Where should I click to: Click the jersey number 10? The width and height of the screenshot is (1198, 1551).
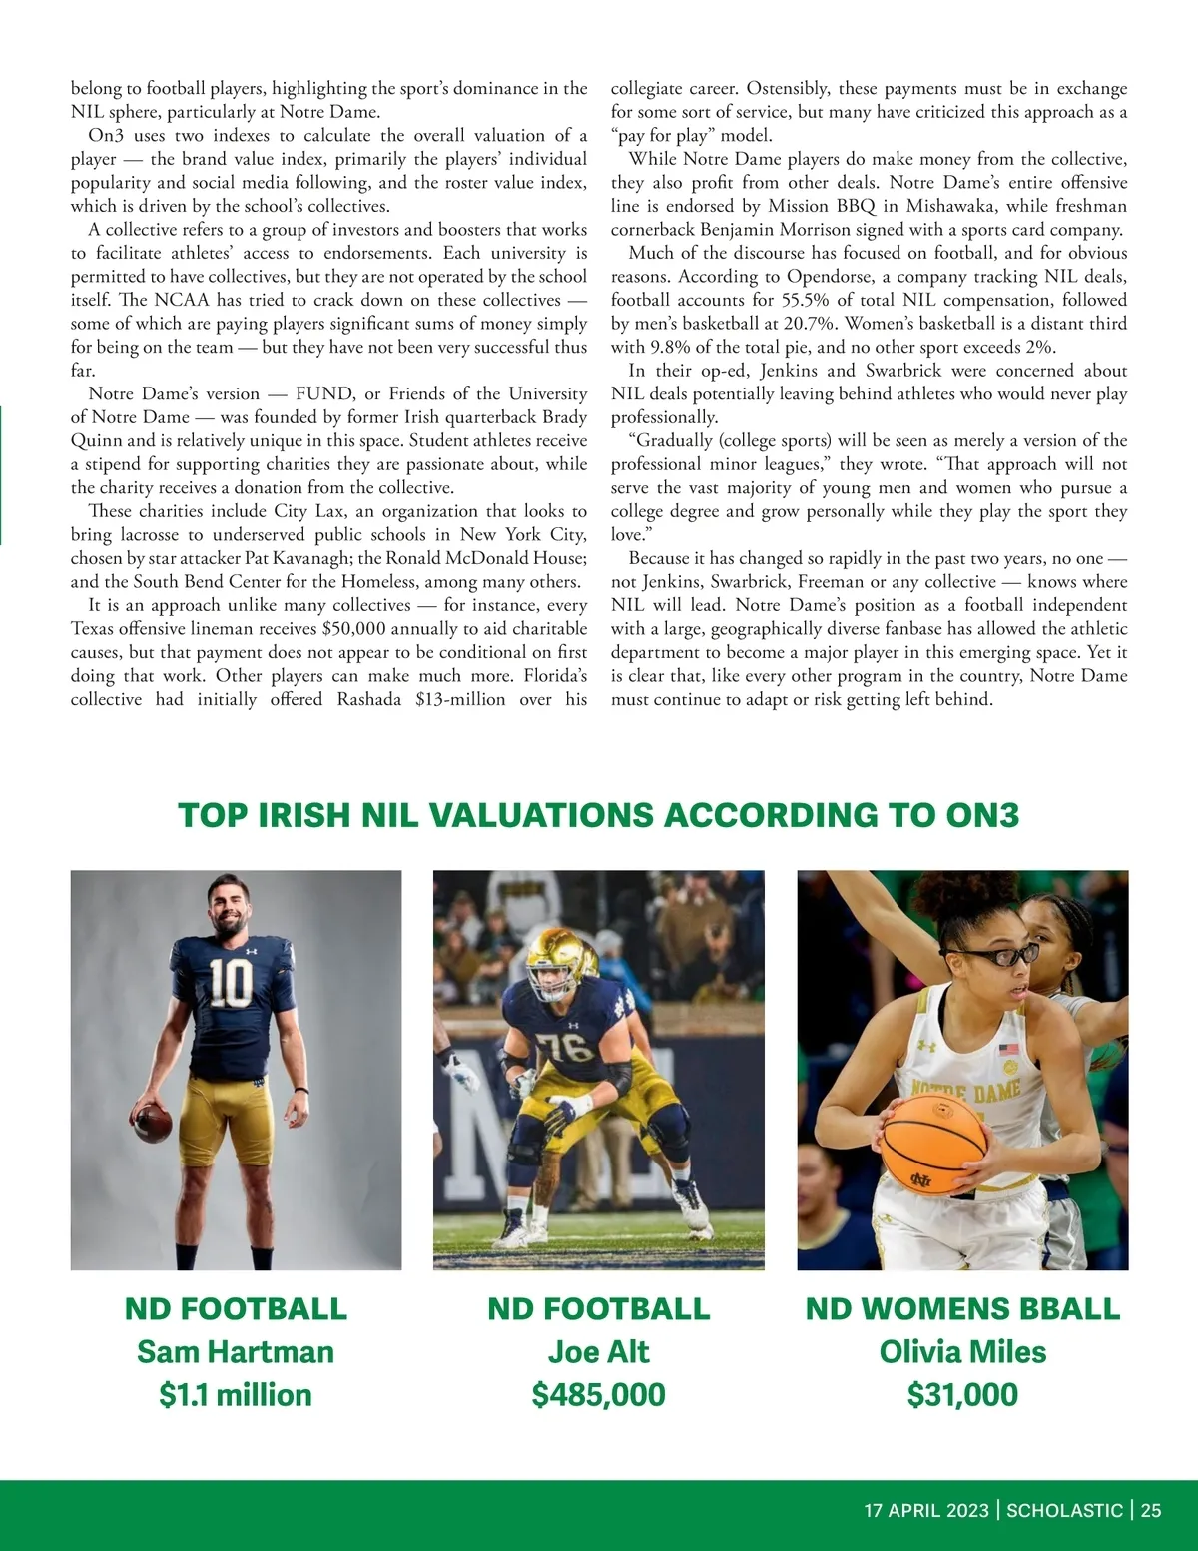(231, 982)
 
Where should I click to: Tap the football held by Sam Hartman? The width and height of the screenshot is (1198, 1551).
(153, 1122)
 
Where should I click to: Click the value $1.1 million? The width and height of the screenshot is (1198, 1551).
(236, 1395)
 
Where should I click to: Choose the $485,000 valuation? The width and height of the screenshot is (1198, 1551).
(598, 1395)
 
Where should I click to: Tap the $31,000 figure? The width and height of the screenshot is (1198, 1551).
(962, 1395)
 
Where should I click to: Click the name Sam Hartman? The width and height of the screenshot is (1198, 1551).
(236, 1352)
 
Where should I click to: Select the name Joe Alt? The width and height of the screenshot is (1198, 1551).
(598, 1352)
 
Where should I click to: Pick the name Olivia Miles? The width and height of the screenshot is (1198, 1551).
(962, 1352)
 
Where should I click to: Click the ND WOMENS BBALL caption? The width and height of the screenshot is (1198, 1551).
(962, 1309)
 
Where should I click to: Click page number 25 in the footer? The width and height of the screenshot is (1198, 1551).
(1151, 1511)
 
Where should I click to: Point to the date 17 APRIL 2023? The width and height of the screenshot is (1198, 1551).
(925, 1511)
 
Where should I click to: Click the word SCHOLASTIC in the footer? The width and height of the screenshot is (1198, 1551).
(1064, 1511)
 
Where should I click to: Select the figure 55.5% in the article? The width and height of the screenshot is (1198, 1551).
(805, 300)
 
